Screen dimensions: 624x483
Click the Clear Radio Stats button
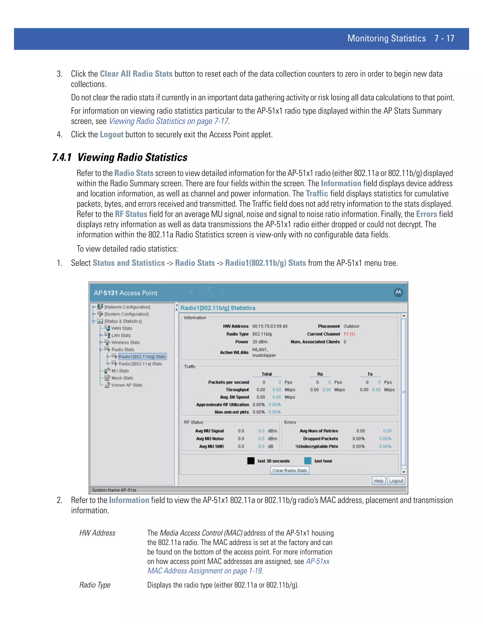pyautogui.click(x=290, y=470)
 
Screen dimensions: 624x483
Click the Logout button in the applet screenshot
pyautogui.click(x=396, y=481)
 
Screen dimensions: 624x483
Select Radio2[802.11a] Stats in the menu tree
pyautogui.click(x=140, y=364)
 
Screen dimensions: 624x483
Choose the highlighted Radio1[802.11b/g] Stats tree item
pyautogui.click(x=142, y=357)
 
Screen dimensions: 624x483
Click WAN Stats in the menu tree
pyautogui.click(x=122, y=328)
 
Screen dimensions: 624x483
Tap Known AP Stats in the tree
pyautogui.click(x=127, y=385)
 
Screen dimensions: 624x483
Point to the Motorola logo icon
pyautogui.click(x=398, y=292)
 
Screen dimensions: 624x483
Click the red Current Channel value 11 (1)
pyautogui.click(x=349, y=334)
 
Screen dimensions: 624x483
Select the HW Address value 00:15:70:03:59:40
pyautogui.click(x=270, y=326)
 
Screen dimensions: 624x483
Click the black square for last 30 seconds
pyautogui.click(x=251, y=461)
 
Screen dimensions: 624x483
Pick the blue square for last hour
pyautogui.click(x=308, y=461)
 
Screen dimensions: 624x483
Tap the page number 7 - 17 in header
pyautogui.click(x=444, y=38)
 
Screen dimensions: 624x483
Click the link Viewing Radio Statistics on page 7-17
pyautogui.click(x=169, y=121)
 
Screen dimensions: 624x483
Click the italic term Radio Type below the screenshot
pyautogui.click(x=95, y=585)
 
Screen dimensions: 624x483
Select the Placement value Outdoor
pyautogui.click(x=351, y=326)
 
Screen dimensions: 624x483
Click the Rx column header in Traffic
pyautogui.click(x=320, y=374)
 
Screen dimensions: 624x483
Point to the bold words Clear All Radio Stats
pyautogui.click(x=136, y=74)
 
